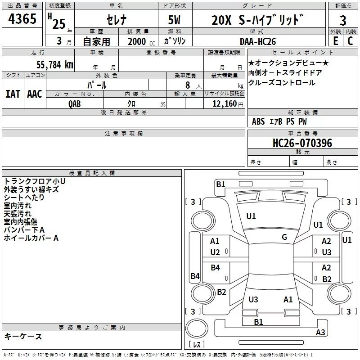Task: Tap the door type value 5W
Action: pos(175,20)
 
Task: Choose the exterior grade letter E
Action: pos(335,41)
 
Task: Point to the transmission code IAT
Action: pos(13,94)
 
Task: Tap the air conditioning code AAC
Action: pos(35,94)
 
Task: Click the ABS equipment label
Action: pos(258,121)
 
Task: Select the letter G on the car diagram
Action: pos(284,237)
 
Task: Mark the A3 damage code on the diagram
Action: pos(320,333)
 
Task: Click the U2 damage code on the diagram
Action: pos(215,252)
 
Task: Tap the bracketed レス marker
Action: pos(197,345)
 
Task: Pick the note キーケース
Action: pos(23,337)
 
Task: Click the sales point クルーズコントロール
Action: pos(282,83)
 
